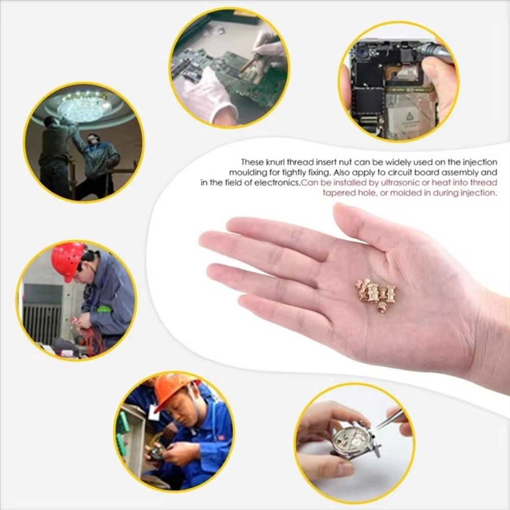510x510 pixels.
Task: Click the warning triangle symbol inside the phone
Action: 409,118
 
